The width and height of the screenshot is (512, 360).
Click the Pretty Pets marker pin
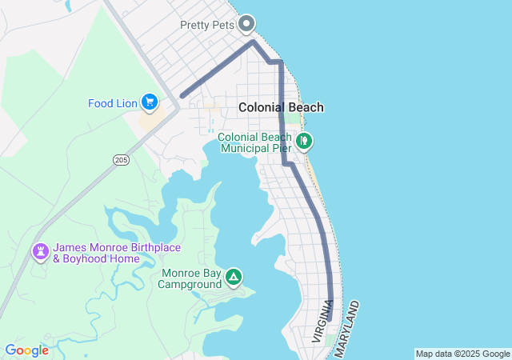(246, 23)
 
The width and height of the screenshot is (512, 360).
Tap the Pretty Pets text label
(207, 24)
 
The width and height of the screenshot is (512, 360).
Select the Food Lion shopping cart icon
(149, 102)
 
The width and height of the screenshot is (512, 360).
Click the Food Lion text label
(113, 102)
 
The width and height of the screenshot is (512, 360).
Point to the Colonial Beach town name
(281, 107)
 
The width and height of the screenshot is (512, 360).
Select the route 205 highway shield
(121, 160)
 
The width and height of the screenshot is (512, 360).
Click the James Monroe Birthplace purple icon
(40, 252)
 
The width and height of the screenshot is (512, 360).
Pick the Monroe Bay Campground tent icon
(233, 278)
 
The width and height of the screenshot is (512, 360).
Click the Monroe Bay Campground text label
(191, 278)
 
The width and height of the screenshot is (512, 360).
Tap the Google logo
(26, 350)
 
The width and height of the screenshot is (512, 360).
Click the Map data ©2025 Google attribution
(462, 354)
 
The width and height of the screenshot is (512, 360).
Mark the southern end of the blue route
(329, 318)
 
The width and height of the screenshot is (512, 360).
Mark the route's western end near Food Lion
(182, 96)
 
